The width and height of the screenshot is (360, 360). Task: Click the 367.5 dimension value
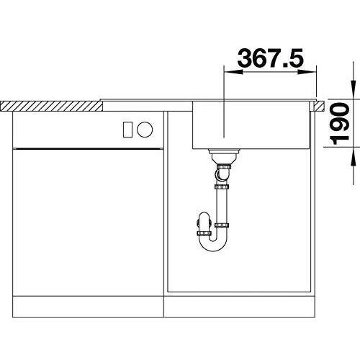coord(270,58)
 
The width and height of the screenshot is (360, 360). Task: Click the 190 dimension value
coord(340,123)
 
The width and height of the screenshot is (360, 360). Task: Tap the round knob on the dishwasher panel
coord(145,130)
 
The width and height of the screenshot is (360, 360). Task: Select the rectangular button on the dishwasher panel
coord(127,130)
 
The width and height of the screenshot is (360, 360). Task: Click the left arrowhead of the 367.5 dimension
coord(233,72)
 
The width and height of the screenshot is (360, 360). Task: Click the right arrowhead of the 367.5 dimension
coord(307,72)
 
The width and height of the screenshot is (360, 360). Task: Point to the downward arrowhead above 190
coord(353,89)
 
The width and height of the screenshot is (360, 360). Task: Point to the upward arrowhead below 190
coord(353,156)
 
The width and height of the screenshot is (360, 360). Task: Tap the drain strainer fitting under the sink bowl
coord(224,156)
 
